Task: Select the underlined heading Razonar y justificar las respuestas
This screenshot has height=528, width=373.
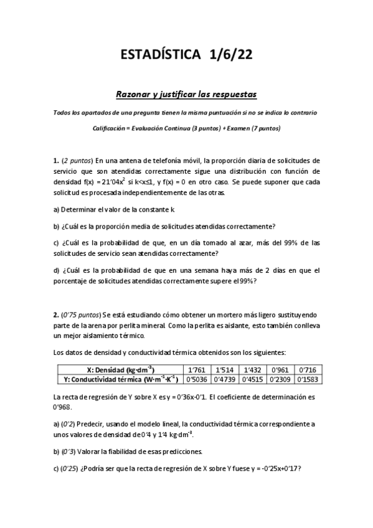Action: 187,94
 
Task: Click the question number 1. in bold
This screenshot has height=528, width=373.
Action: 57,160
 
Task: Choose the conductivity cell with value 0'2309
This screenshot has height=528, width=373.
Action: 280,378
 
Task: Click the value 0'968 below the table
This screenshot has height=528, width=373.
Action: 62,407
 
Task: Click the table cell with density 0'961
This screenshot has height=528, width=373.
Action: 280,369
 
